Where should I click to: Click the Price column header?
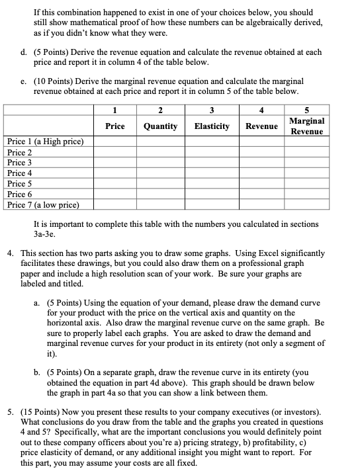(x=115, y=126)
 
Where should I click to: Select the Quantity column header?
(x=160, y=126)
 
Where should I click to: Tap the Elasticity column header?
(x=212, y=126)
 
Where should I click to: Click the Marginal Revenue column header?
(x=307, y=126)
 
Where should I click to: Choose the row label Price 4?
(x=20, y=173)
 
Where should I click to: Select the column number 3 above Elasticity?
(x=212, y=110)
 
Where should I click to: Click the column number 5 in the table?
(x=307, y=110)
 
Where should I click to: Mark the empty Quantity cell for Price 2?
(x=160, y=152)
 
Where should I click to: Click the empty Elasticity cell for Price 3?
(x=212, y=163)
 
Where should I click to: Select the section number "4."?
(x=10, y=253)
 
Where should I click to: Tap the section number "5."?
(x=10, y=402)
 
